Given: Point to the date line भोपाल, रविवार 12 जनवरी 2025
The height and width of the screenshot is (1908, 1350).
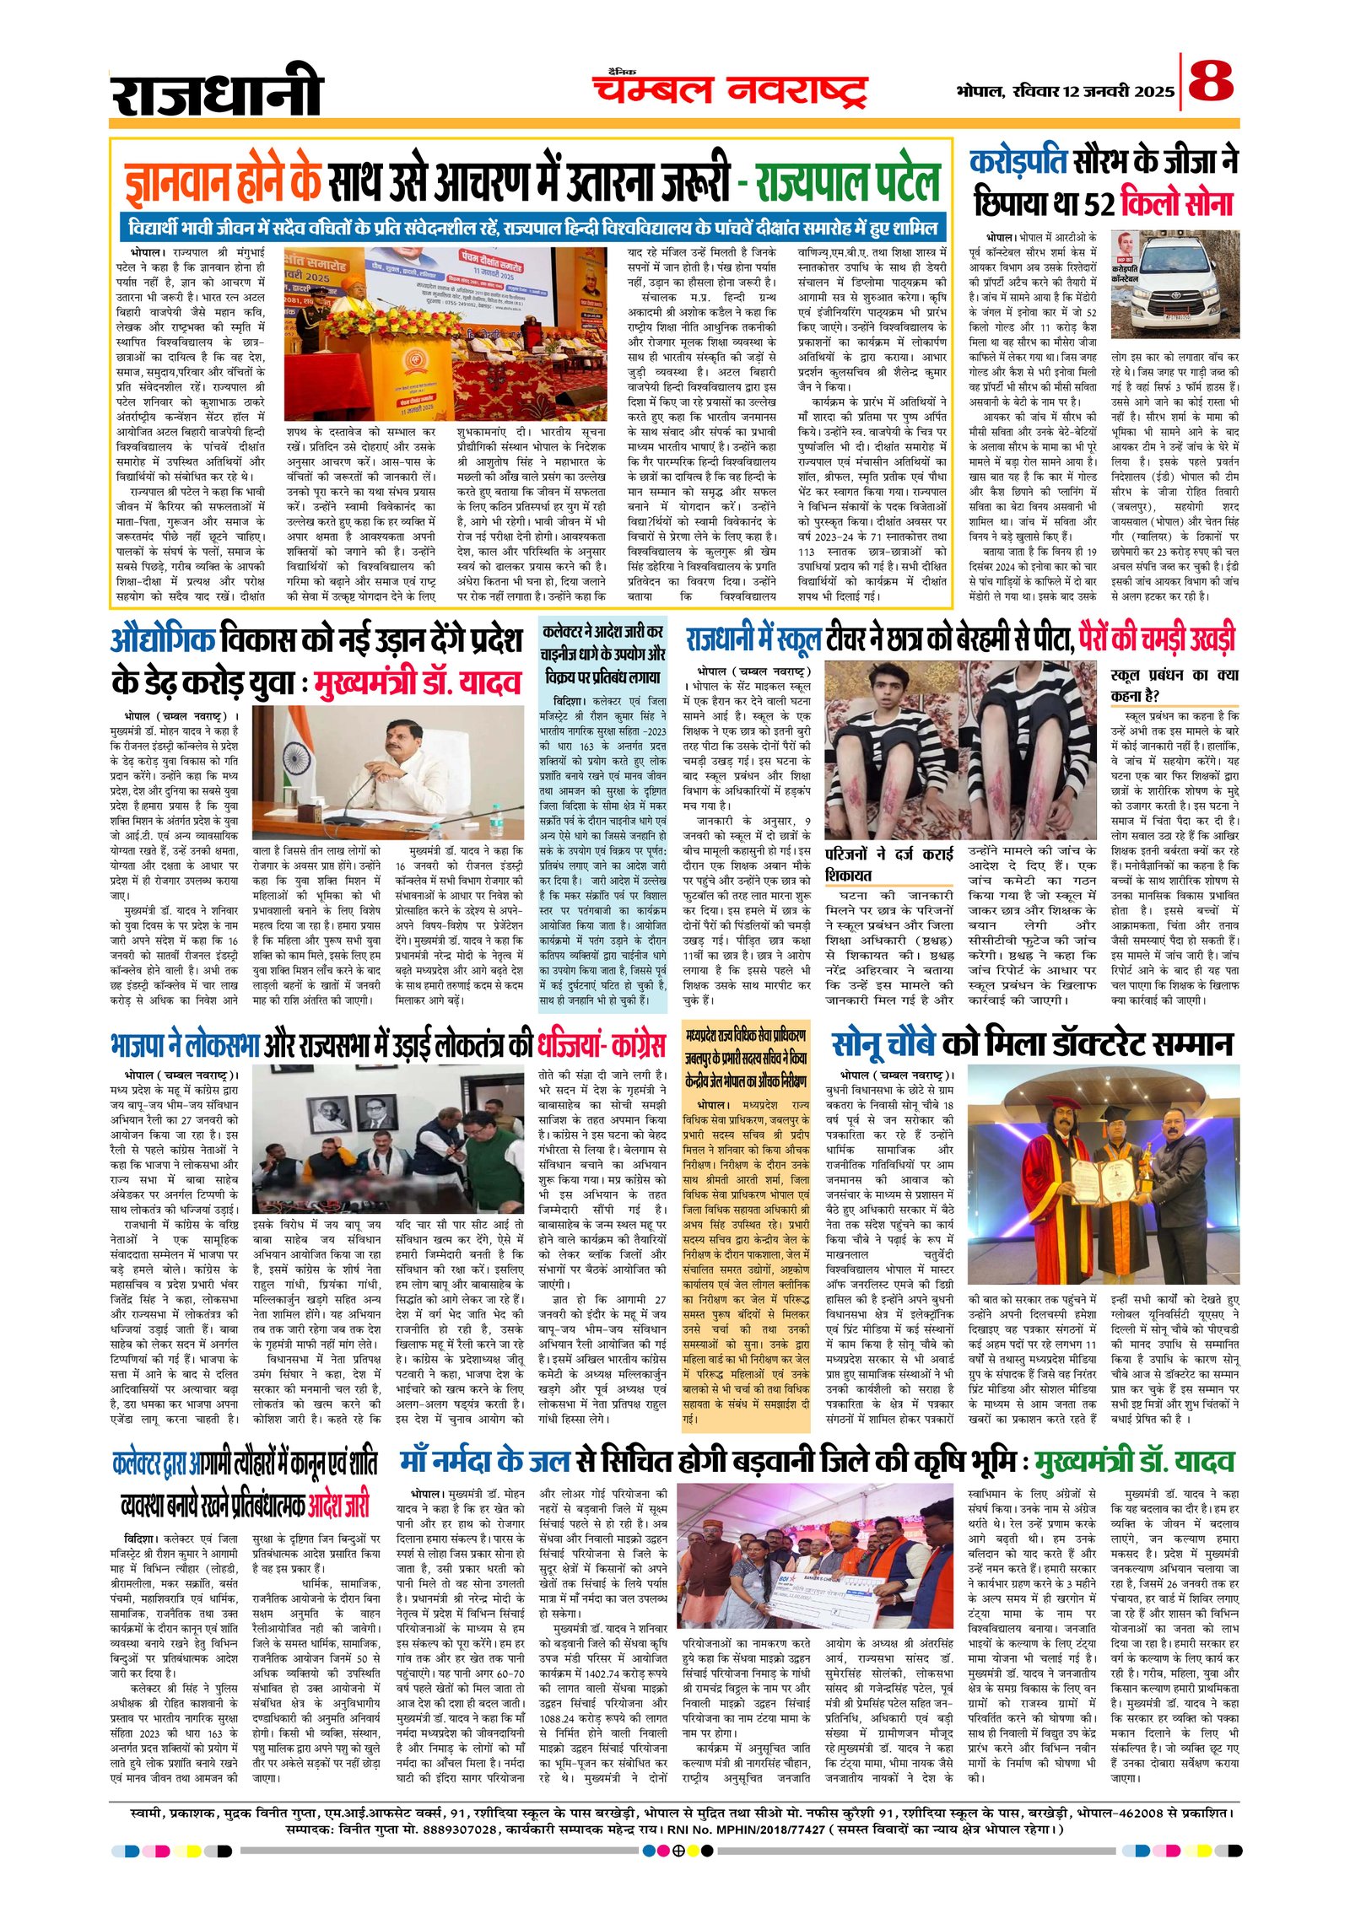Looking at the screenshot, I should click(x=1065, y=91).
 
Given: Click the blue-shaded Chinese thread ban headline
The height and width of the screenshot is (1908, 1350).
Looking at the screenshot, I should click(x=602, y=654).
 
